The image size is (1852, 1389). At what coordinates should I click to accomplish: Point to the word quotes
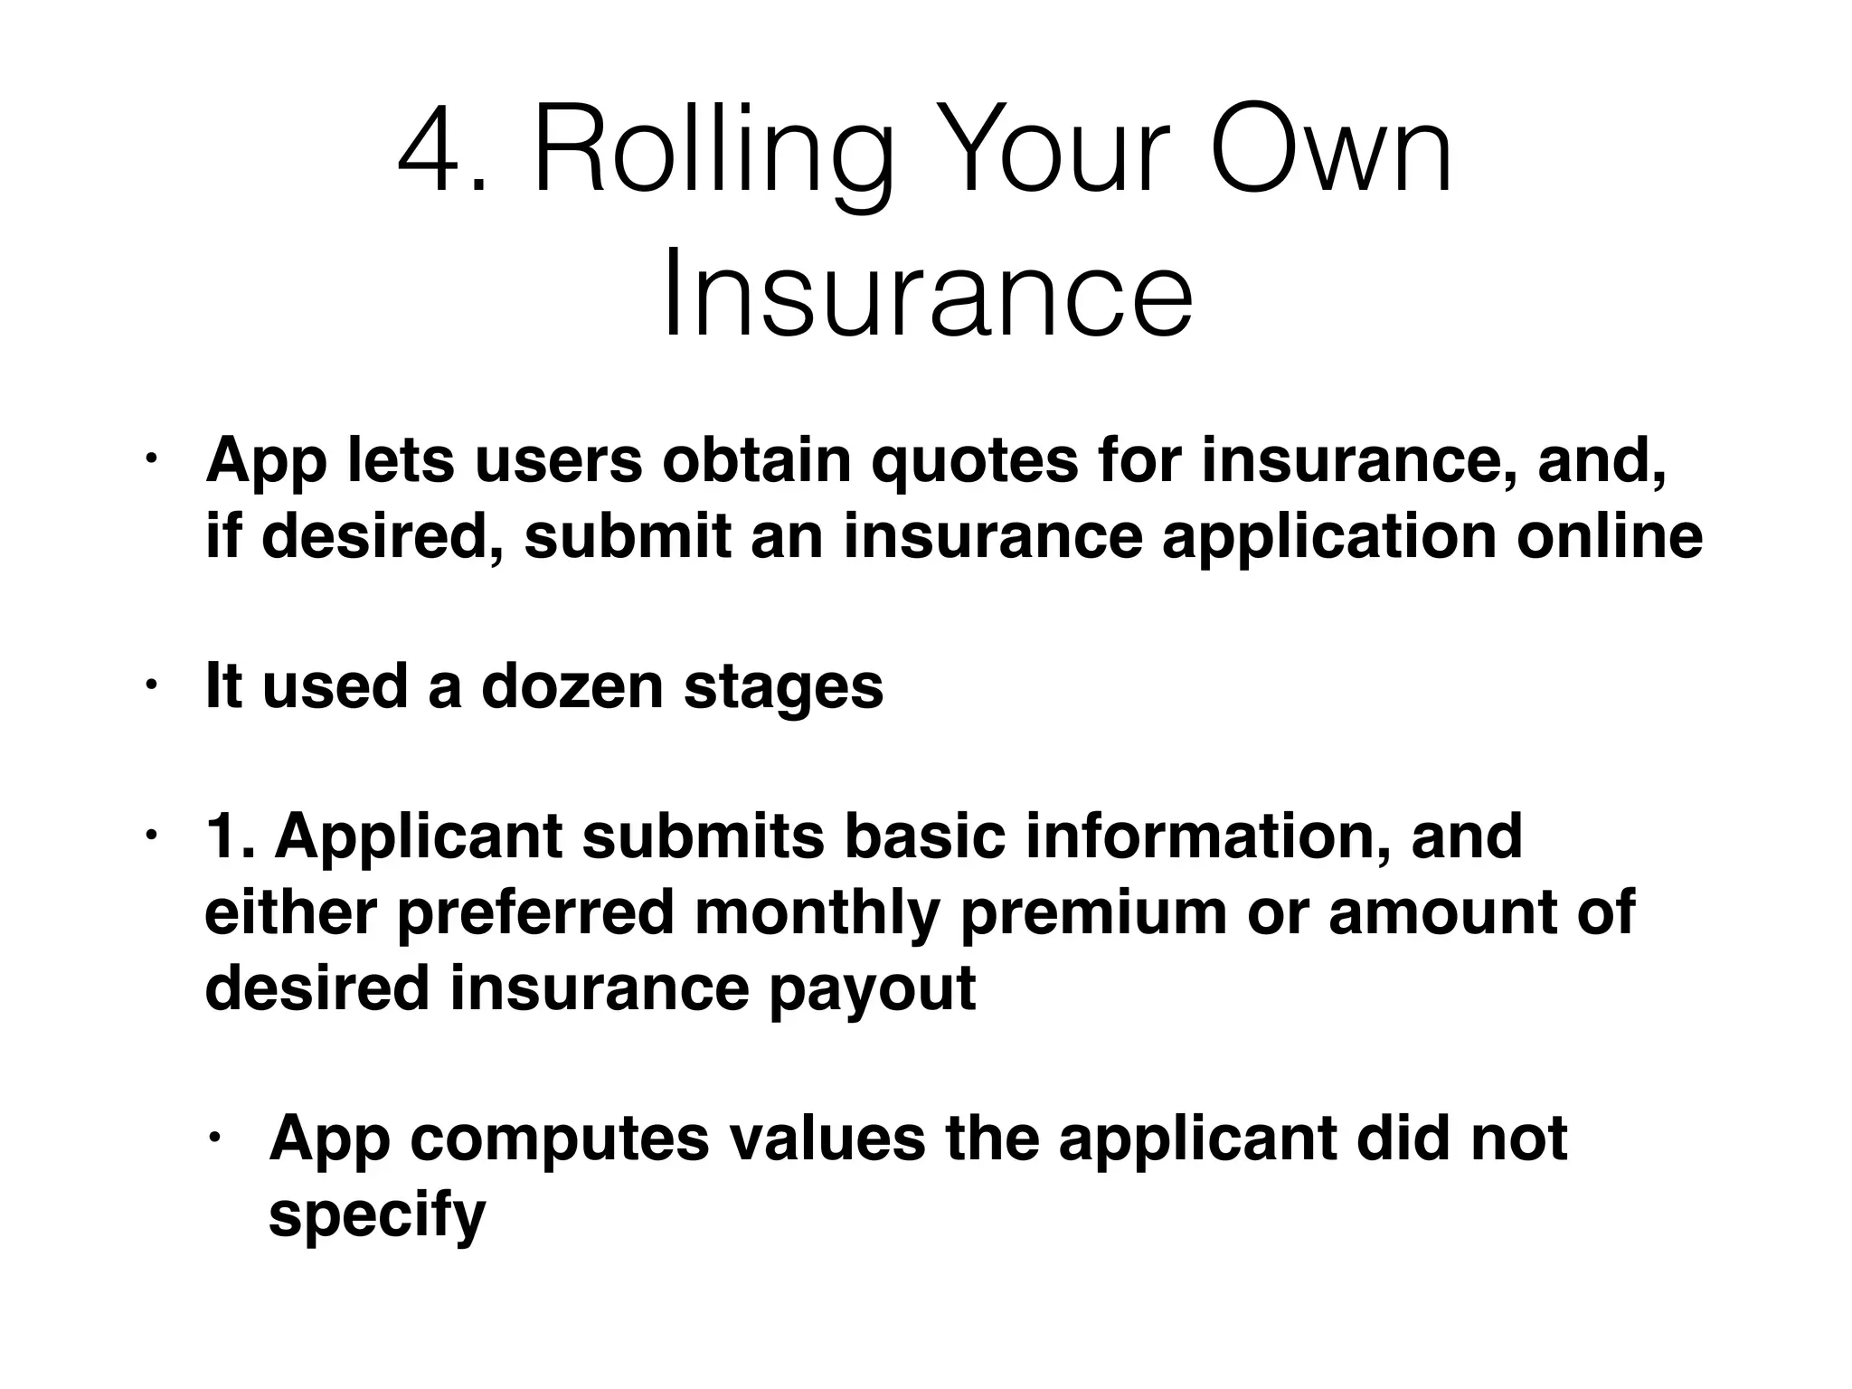point(975,460)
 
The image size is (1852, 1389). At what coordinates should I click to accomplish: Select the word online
point(1610,536)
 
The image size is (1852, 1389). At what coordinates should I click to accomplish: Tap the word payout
point(872,990)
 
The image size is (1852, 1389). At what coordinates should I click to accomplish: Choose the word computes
point(560,1140)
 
